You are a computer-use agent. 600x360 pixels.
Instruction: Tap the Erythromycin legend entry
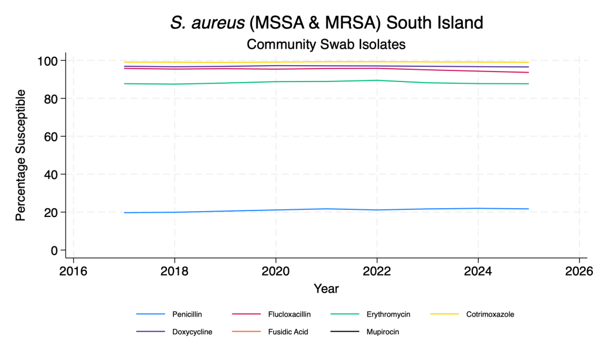[x=387, y=314]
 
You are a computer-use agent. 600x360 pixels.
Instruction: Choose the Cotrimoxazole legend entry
[x=490, y=314]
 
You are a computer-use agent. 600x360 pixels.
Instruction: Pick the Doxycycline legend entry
[x=192, y=332]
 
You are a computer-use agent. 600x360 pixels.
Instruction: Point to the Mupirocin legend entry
[x=383, y=332]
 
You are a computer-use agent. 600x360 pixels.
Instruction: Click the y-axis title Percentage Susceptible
[x=21, y=155]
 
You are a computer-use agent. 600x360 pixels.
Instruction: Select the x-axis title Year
[x=326, y=288]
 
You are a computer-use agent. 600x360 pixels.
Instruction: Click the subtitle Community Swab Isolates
[x=326, y=44]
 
